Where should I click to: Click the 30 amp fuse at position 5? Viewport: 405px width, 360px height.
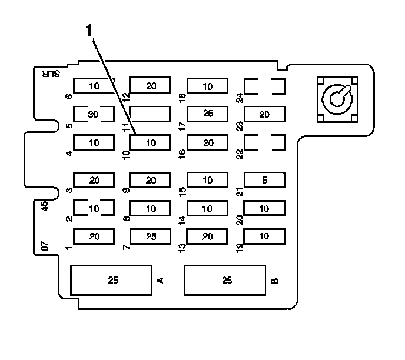coord(92,114)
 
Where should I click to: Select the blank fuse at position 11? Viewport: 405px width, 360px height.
coord(150,114)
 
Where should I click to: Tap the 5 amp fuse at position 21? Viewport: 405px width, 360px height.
coord(264,180)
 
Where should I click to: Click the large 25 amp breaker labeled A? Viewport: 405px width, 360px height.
coord(113,280)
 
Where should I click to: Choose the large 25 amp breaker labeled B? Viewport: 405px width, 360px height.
coord(227,280)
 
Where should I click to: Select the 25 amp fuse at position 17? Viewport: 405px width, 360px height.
coord(207,114)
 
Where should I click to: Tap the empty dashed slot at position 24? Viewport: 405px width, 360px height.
coord(264,86)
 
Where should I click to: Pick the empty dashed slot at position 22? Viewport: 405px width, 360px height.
coord(264,142)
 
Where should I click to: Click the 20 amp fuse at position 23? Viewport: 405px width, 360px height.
coord(264,114)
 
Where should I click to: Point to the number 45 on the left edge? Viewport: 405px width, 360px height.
coord(45,206)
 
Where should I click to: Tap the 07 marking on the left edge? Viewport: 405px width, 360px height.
coord(46,246)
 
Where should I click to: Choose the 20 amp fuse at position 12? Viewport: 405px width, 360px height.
coord(151,86)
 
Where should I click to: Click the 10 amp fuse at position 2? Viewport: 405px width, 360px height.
coord(93,208)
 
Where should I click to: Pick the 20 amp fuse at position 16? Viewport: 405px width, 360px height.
coord(207,142)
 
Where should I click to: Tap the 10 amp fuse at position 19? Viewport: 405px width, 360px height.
coord(264,236)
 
